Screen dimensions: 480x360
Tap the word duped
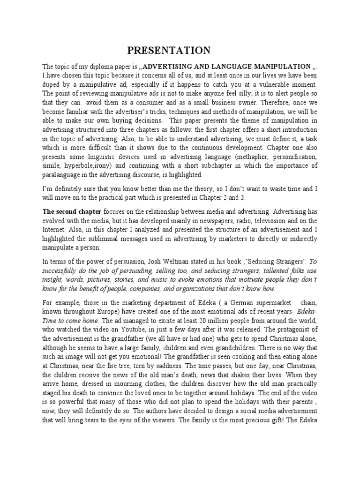[52, 84]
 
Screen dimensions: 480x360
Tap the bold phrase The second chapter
[72, 212]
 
